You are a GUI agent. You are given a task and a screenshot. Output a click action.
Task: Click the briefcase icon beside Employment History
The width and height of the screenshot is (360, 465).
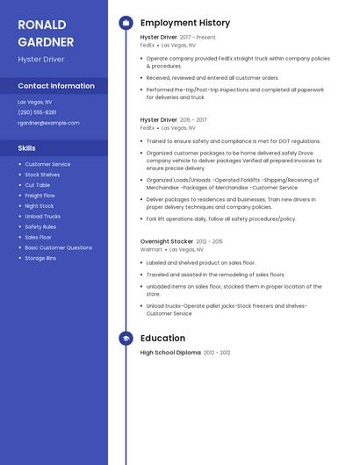126,23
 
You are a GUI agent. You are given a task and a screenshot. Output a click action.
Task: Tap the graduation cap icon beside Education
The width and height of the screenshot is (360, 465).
126,338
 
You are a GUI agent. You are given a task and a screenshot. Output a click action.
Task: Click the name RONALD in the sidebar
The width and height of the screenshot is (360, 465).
40,25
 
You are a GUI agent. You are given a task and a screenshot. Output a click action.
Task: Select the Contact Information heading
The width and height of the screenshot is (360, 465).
56,86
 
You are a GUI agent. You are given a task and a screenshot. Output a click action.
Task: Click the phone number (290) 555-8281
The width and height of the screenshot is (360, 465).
37,112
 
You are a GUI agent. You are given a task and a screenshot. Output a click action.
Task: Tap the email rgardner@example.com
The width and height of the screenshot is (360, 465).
48,123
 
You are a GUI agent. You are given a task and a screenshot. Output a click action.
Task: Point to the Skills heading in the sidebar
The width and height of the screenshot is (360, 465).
26,148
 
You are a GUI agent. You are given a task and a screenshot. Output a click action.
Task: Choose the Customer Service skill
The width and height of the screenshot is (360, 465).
47,164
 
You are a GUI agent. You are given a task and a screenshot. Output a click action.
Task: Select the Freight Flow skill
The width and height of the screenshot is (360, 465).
40,196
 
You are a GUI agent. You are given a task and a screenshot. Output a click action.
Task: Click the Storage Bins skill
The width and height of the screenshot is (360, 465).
40,258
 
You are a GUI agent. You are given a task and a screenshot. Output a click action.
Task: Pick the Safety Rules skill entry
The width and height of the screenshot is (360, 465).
40,226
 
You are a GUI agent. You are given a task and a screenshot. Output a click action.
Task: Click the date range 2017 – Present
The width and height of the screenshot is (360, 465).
198,38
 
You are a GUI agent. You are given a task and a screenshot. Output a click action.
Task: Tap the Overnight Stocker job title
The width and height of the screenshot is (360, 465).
167,241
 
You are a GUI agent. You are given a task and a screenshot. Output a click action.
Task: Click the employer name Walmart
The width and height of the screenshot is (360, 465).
151,249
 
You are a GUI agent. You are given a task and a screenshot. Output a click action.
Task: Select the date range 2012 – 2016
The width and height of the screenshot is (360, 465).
210,241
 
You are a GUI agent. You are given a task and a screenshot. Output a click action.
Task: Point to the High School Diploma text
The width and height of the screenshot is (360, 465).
170,353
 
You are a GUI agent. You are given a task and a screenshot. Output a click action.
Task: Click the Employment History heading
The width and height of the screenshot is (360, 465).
185,23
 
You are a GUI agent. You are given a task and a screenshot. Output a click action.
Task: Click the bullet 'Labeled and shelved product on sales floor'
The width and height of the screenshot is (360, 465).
201,262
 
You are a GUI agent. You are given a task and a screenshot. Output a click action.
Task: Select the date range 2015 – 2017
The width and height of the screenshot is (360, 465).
193,119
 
